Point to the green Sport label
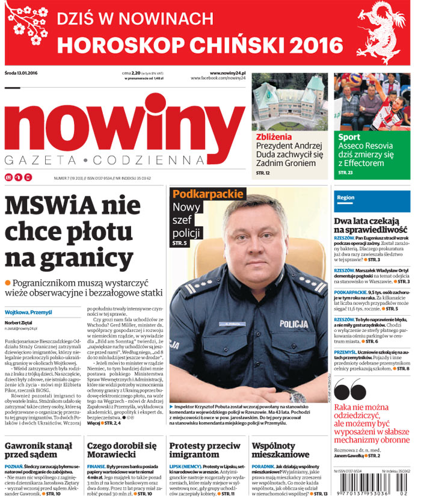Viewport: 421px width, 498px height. tap(349, 137)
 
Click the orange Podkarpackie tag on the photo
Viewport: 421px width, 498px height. tap(207, 194)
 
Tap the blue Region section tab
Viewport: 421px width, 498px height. tap(346, 197)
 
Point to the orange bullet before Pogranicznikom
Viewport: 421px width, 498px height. tap(8, 283)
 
